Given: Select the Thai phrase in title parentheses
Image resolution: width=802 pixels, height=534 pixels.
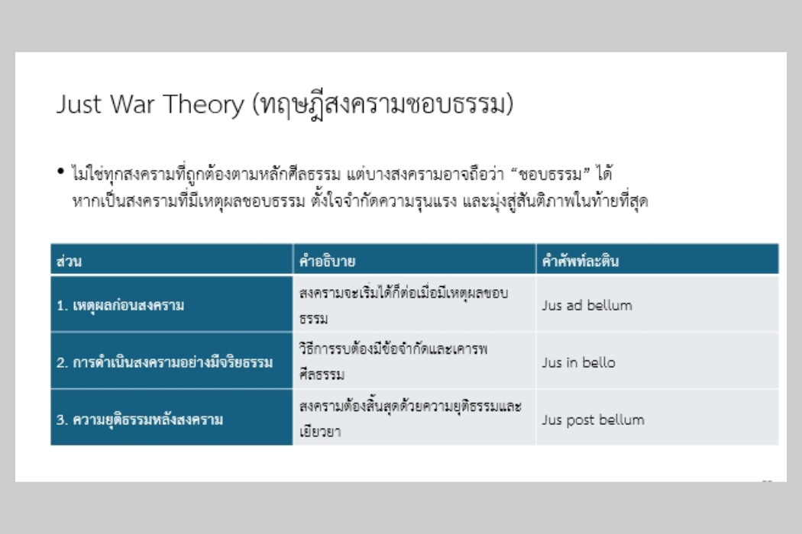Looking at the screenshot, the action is (383, 105).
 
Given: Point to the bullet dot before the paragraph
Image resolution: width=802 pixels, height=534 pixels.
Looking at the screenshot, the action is (61, 171).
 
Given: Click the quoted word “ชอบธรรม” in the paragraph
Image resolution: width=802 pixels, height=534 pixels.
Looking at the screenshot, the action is (551, 174).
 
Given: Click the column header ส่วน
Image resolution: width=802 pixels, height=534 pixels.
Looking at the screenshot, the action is (69, 261).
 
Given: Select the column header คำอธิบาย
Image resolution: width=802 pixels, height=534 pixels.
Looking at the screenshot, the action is (328, 261).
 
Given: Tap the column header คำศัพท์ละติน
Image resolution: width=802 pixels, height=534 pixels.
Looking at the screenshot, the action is (580, 261).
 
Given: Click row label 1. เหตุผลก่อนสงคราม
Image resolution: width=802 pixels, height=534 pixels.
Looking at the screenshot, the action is (120, 306).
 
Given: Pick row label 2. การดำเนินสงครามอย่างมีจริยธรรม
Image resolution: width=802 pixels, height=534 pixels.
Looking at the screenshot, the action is (165, 362).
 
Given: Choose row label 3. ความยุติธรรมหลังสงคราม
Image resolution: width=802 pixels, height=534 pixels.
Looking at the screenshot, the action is (140, 420).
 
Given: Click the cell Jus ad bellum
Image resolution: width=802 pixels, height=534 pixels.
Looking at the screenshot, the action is (587, 306).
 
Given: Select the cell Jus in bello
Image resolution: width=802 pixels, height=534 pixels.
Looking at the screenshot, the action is (578, 362).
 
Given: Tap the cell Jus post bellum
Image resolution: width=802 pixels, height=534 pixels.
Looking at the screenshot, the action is (593, 420).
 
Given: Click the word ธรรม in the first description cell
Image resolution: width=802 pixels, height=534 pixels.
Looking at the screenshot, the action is (313, 319).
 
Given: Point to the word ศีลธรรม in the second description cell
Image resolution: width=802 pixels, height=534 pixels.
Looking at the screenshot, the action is (322, 374).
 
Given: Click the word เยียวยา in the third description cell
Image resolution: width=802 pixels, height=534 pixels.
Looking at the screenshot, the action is (320, 431).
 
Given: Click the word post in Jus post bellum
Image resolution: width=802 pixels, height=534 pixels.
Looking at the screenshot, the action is (580, 420).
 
